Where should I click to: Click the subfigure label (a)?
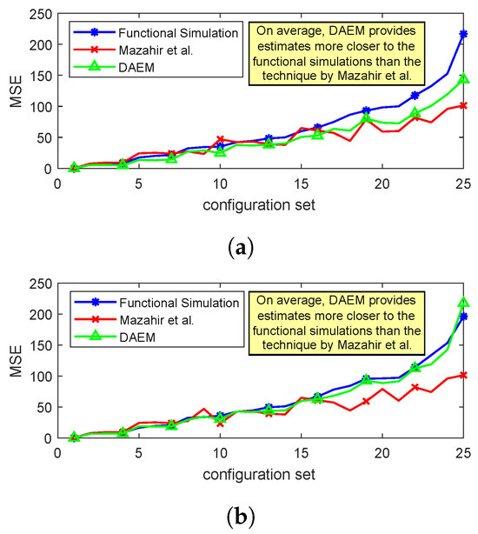pos(240,248)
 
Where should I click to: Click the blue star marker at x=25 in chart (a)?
pos(463,34)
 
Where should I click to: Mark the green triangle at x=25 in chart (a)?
pos(463,79)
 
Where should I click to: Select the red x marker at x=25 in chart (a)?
pos(463,105)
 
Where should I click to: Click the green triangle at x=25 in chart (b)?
pos(463,303)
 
